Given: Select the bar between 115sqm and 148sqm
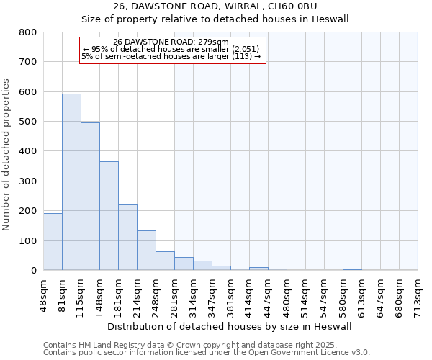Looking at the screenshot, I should click(90, 196).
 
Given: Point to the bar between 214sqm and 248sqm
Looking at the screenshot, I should click(146, 250).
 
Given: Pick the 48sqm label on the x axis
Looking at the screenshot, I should click(44, 295).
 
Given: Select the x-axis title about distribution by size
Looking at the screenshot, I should click(230, 326).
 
